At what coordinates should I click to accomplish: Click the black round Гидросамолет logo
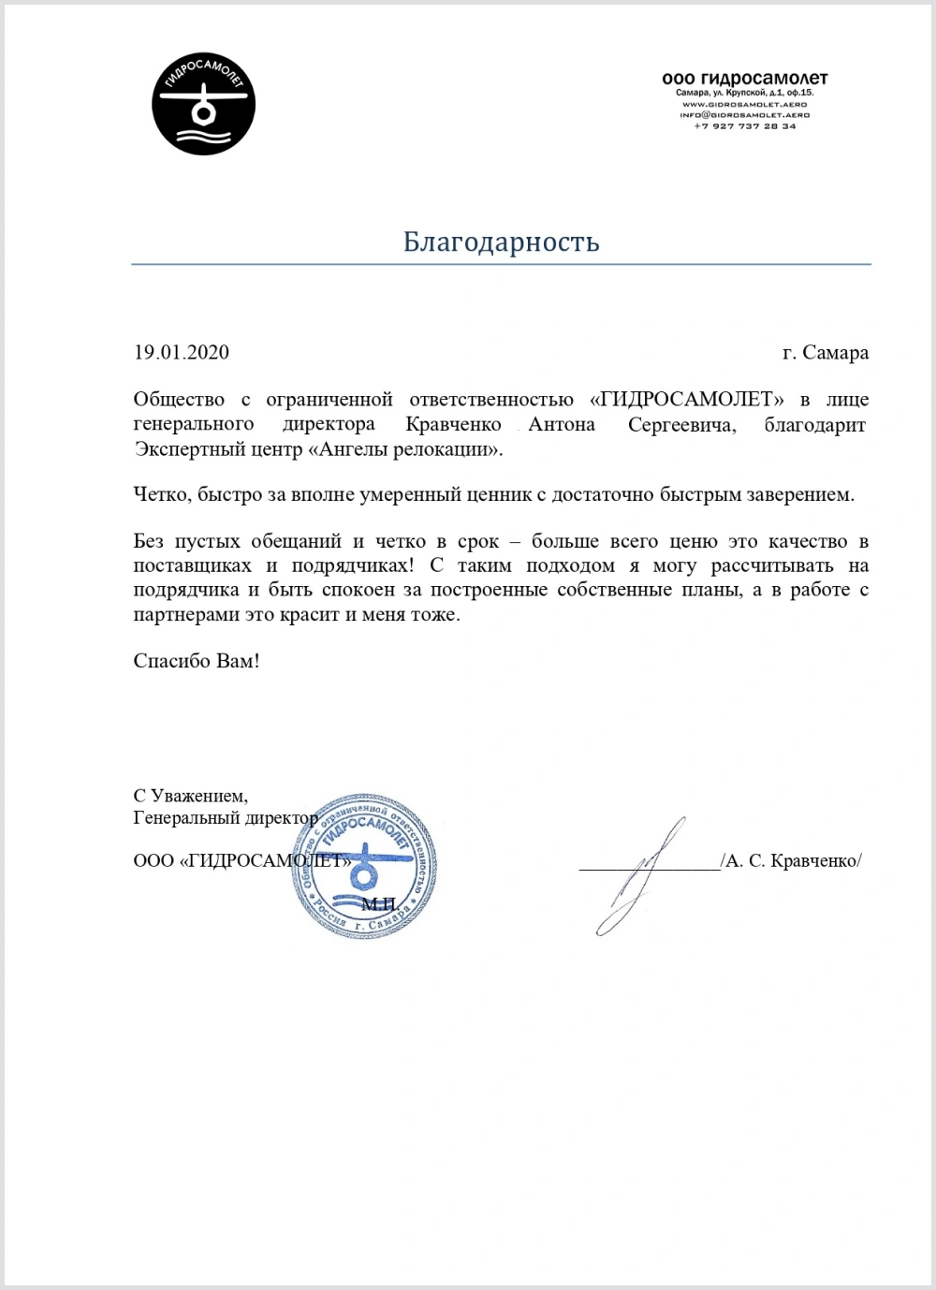click(x=203, y=103)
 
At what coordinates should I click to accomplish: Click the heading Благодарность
click(x=501, y=242)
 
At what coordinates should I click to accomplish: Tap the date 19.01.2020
click(x=181, y=353)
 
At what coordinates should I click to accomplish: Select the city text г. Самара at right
click(x=825, y=353)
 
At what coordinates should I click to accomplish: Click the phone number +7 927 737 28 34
click(x=744, y=126)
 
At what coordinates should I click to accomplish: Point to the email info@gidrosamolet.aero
click(x=744, y=115)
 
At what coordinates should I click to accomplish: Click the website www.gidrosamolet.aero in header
click(x=744, y=105)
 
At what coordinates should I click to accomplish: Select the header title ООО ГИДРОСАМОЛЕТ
click(x=744, y=79)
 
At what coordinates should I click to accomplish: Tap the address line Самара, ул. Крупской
click(x=744, y=94)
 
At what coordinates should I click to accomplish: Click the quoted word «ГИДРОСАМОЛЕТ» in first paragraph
click(x=687, y=400)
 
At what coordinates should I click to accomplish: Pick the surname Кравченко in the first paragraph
click(x=454, y=425)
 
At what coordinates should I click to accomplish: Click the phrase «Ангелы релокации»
click(x=404, y=449)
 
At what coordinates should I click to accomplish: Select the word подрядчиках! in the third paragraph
click(x=350, y=566)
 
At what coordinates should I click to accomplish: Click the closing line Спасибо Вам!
click(x=196, y=661)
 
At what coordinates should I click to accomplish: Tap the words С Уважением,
click(x=191, y=797)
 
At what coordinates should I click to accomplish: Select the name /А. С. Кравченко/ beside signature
click(x=791, y=861)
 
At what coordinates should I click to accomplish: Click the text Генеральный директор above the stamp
click(x=225, y=818)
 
